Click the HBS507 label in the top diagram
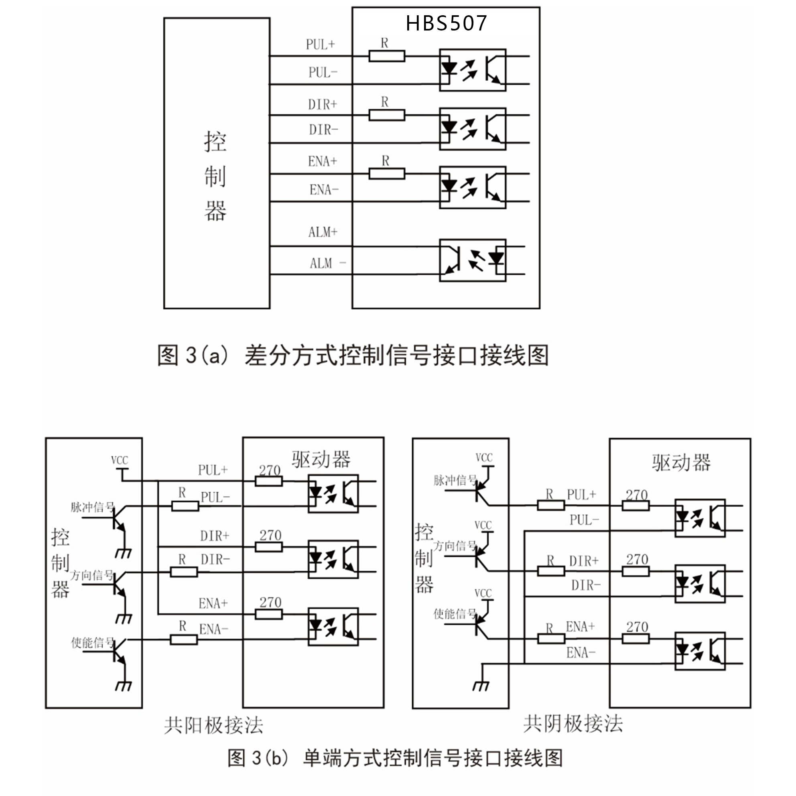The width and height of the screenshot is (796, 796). pyautogui.click(x=446, y=23)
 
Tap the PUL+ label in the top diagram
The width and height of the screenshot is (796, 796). pyautogui.click(x=320, y=45)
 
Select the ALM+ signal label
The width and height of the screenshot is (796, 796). pyautogui.click(x=323, y=232)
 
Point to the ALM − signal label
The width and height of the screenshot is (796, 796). pyautogui.click(x=328, y=263)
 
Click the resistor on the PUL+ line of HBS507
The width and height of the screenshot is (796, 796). pyautogui.click(x=387, y=56)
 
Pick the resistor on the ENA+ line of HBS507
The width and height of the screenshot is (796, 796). pyautogui.click(x=387, y=174)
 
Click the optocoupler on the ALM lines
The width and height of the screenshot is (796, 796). pyautogui.click(x=473, y=260)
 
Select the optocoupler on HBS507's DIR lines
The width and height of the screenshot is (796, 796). pyautogui.click(x=473, y=129)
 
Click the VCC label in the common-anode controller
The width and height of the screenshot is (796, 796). pyautogui.click(x=120, y=460)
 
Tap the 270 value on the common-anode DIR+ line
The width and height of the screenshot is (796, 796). pyautogui.click(x=270, y=535)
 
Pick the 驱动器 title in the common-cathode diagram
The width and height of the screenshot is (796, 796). pyautogui.click(x=681, y=463)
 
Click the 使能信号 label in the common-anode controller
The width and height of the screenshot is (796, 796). pyautogui.click(x=92, y=643)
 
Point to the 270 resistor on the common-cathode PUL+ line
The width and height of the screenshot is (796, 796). pyautogui.click(x=636, y=506)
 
